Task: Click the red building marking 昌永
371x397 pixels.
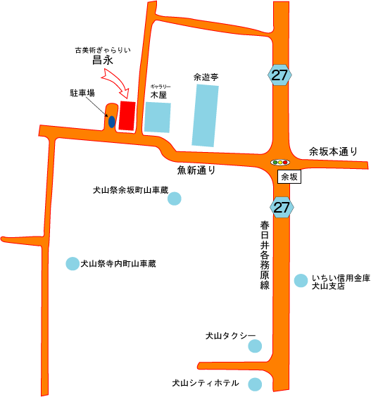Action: [x=127, y=116]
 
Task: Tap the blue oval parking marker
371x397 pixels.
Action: [x=112, y=122]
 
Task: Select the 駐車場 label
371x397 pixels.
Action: [x=82, y=93]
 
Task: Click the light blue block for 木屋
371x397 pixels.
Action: [x=158, y=118]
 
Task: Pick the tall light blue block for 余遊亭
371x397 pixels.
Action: [x=205, y=115]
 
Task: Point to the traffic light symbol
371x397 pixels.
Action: [x=279, y=163]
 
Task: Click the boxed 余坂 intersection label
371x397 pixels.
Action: [x=289, y=177]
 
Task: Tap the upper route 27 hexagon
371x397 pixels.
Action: [x=279, y=75]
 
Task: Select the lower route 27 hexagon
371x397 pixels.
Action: [x=282, y=207]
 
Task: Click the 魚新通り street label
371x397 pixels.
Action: [x=196, y=170]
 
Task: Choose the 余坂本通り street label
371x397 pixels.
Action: [x=333, y=151]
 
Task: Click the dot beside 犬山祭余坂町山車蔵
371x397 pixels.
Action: [x=174, y=198]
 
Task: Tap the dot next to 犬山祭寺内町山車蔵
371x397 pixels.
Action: [x=73, y=263]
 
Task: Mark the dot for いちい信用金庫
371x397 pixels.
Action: [x=301, y=281]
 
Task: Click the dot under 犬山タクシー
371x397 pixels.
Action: [x=255, y=346]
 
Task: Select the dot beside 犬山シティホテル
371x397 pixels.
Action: [x=255, y=384]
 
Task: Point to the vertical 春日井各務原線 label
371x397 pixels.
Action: [x=265, y=256]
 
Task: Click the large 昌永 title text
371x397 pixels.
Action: [x=102, y=61]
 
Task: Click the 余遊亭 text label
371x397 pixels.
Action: [x=206, y=77]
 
